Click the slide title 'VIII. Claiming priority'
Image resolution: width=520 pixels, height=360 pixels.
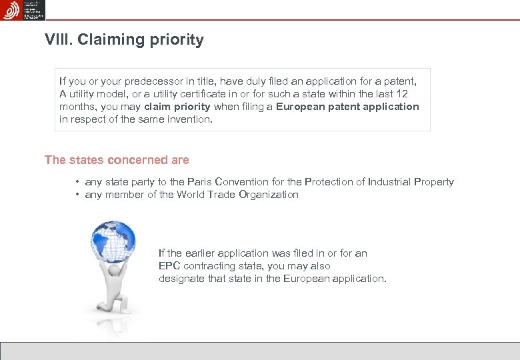pyautogui.click(x=124, y=40)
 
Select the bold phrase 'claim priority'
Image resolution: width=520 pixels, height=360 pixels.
pyautogui.click(x=177, y=107)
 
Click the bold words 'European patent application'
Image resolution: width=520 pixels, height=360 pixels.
pyautogui.click(x=347, y=107)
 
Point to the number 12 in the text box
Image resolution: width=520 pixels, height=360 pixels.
pyautogui.click(x=401, y=94)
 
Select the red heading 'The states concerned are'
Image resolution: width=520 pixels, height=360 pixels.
pyautogui.click(x=117, y=160)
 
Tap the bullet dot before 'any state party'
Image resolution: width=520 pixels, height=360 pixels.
pyautogui.click(x=78, y=182)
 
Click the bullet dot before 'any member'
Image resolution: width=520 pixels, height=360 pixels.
pyautogui.click(x=78, y=195)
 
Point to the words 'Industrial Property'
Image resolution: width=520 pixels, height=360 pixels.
pyautogui.click(x=411, y=182)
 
